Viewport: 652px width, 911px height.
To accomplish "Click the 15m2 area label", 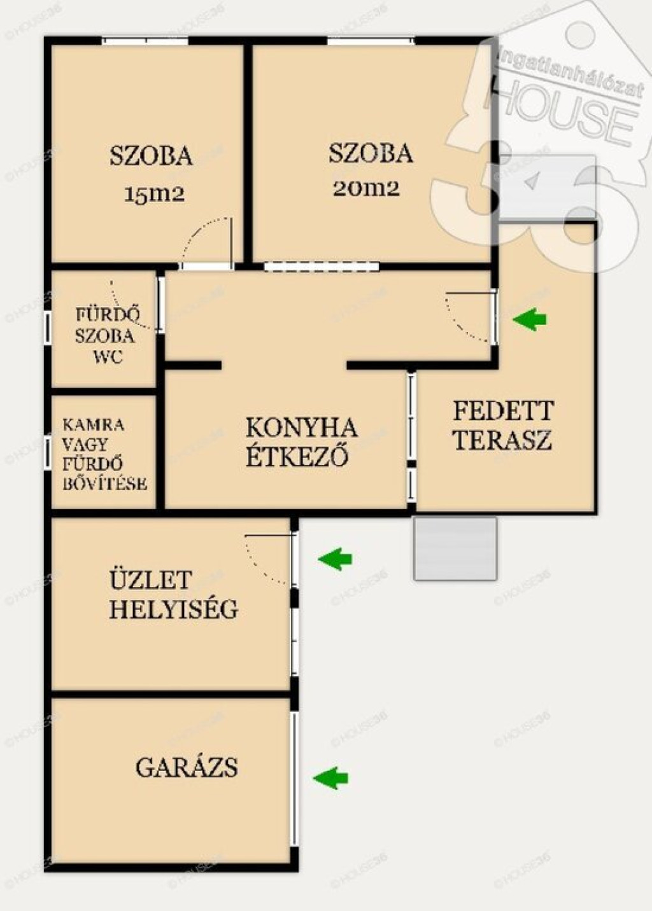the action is tap(154, 195).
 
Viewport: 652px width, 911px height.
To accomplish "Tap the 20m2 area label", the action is tap(365, 189).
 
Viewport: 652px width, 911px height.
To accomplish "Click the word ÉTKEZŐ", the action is tap(298, 456).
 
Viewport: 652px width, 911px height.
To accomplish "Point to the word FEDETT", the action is tap(504, 411).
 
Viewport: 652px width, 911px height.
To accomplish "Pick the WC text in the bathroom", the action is tap(108, 358).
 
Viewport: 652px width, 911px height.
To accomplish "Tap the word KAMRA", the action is tap(94, 425).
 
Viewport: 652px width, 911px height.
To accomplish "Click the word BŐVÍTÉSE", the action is tap(105, 484).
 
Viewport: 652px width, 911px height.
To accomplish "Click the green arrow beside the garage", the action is tap(330, 778).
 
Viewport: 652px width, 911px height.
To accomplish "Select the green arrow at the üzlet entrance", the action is tap(335, 559).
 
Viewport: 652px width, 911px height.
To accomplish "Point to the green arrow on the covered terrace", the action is tap(530, 319).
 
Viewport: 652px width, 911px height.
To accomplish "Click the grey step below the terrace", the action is tap(455, 548).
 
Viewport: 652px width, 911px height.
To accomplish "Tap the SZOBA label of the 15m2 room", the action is tap(151, 156).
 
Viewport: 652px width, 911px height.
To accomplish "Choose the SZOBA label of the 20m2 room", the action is tap(371, 154).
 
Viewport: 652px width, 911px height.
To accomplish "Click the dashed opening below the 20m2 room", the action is tap(322, 267).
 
